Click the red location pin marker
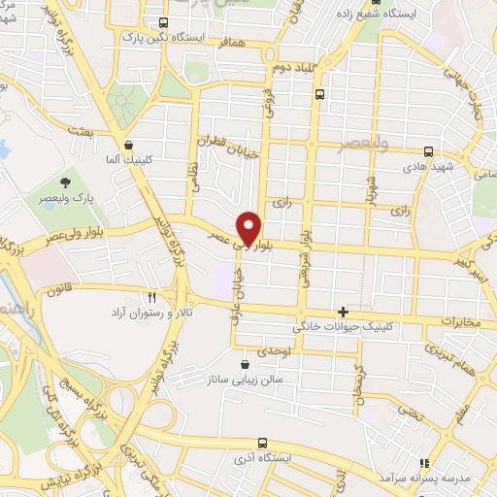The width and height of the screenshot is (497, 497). point(249,227)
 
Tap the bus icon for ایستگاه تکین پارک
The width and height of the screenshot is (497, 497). point(163,22)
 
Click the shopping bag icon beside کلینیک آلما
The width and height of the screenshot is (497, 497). point(128,143)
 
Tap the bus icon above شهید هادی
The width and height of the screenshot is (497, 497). point(429,150)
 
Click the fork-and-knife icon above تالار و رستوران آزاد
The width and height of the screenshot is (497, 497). point(151,298)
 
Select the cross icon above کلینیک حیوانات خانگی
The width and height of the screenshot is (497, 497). point(343,312)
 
